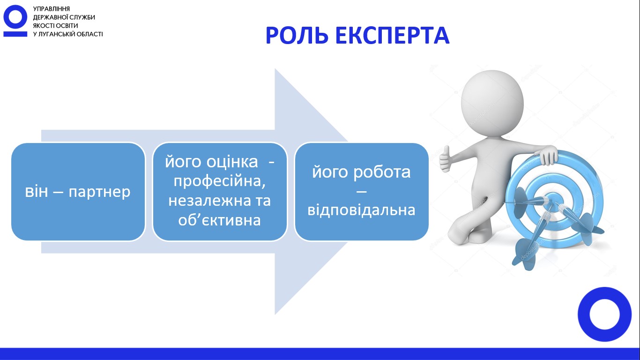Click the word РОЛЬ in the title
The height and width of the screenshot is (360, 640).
[297, 36]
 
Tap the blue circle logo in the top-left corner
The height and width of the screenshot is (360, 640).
[15, 21]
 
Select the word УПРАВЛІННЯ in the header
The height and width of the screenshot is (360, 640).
[52, 9]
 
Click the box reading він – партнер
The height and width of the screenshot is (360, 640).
[78, 192]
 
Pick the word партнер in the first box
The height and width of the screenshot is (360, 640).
[99, 192]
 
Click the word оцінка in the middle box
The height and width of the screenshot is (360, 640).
[232, 162]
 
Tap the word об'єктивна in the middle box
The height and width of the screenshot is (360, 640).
[219, 220]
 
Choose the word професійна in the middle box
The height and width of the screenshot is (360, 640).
[219, 181]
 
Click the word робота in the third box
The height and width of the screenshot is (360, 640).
[382, 172]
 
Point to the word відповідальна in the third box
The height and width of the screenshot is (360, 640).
[361, 210]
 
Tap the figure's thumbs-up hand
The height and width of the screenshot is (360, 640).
[445, 159]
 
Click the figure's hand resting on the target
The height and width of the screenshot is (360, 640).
[548, 155]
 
